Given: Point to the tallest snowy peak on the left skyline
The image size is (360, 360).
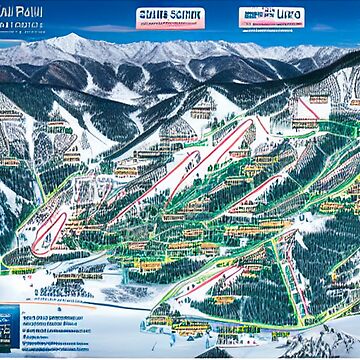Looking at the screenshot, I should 75,42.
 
